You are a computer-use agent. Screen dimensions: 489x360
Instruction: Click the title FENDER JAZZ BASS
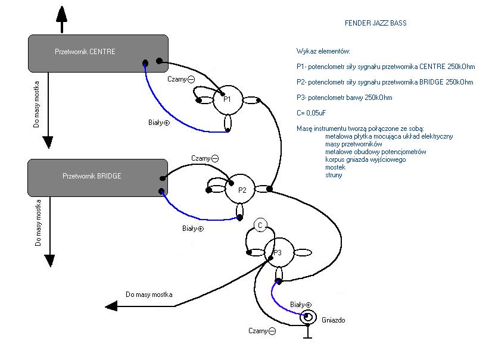pyautogui.click(x=375, y=23)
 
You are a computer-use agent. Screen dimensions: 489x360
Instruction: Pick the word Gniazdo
pyautogui.click(x=334, y=320)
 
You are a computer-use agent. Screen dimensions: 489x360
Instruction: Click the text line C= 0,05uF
pyautogui.click(x=312, y=113)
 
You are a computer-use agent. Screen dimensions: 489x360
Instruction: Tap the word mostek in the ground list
pyautogui.click(x=335, y=167)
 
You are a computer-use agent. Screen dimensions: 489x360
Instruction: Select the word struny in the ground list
pyautogui.click(x=334, y=175)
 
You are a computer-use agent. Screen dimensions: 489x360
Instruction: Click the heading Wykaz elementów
pyautogui.click(x=323, y=51)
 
